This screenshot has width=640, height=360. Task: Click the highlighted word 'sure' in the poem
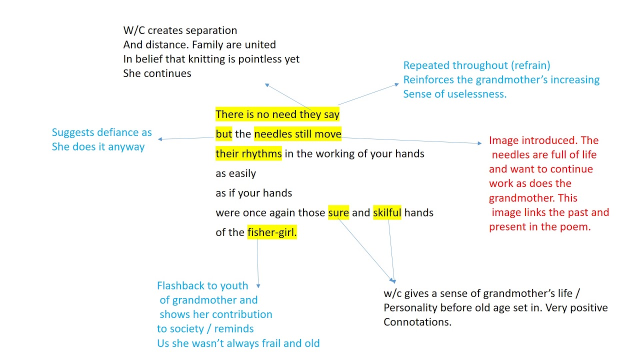(338, 212)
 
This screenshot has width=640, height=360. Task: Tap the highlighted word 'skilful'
(387, 212)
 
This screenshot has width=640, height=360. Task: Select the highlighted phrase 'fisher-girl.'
(272, 232)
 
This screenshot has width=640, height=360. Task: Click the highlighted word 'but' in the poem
(224, 133)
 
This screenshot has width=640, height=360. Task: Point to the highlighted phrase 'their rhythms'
(248, 153)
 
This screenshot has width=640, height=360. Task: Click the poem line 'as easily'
(236, 173)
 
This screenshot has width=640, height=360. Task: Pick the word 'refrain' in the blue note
(530, 65)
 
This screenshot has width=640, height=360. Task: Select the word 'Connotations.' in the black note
(417, 322)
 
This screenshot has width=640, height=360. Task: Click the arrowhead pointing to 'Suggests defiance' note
(160, 139)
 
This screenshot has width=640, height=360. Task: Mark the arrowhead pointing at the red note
(479, 143)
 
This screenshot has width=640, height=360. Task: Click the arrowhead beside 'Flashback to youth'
(258, 286)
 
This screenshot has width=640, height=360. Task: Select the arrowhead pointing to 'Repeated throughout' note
(397, 84)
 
